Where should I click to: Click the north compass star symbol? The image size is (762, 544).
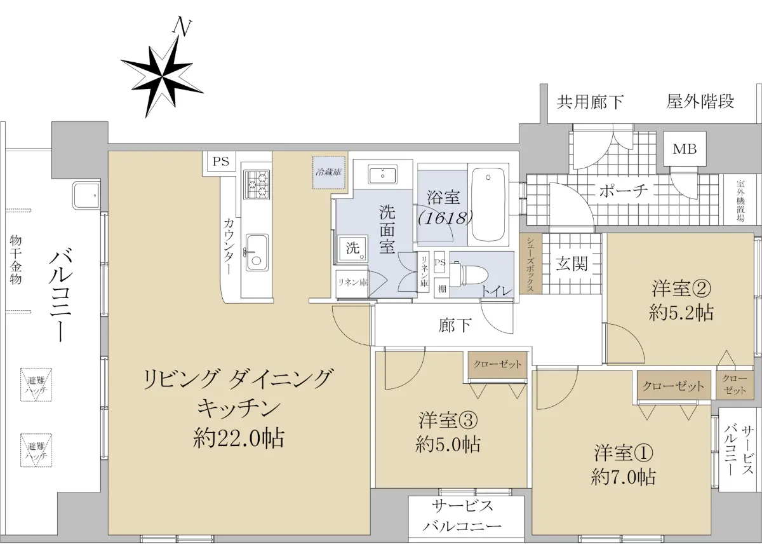point(163,77)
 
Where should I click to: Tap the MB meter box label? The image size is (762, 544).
point(685,149)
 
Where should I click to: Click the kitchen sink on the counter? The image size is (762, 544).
point(257,252)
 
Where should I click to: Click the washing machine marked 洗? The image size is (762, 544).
point(352,248)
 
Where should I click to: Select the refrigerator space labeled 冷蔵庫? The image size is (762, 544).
point(329,173)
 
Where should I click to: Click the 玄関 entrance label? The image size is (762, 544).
point(571,263)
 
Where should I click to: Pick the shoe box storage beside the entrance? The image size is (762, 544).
point(531,264)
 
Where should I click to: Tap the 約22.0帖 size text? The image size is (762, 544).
point(239,439)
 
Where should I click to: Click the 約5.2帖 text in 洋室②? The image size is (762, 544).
point(681,312)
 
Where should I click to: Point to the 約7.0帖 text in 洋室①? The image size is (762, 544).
point(623,477)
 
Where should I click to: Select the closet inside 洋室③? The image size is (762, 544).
point(497,365)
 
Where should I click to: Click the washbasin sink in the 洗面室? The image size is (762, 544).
point(382,174)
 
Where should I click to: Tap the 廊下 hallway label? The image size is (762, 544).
point(455,325)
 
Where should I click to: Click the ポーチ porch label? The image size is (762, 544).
point(623,191)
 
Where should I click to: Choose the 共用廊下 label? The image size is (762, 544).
point(590,102)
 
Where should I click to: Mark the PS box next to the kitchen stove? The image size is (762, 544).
point(221,161)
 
